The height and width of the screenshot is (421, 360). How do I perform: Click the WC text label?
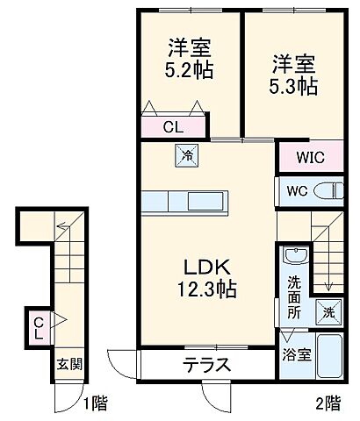(x=293, y=190)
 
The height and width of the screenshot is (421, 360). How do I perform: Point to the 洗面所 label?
(x=293, y=298)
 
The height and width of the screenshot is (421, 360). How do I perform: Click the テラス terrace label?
(x=206, y=366)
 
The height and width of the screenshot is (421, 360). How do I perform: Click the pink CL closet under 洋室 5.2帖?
(x=174, y=125)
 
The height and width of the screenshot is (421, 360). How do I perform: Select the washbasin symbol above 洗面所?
(x=294, y=259)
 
